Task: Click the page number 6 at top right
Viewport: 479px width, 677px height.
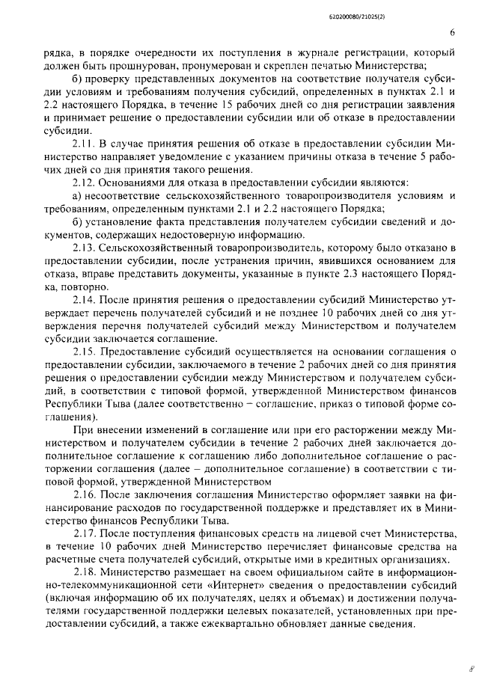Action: (453, 32)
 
